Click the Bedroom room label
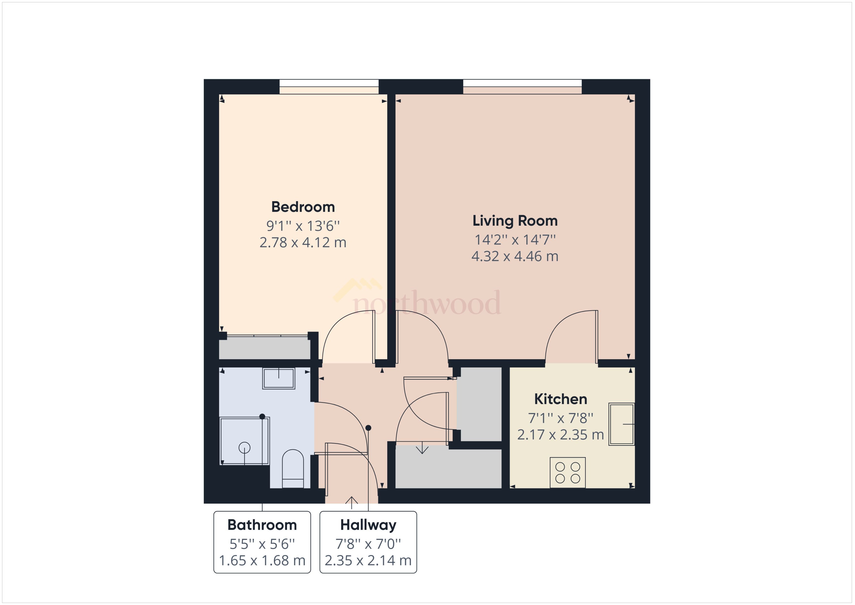coord(303,207)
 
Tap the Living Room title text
coord(515,221)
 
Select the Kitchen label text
coord(560,399)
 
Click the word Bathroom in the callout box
coord(262,525)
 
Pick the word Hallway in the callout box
coord(368,525)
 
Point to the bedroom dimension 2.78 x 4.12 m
coord(303,243)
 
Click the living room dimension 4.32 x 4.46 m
coord(515,256)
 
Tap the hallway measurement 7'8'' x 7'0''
coord(368,544)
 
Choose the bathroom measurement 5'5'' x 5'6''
coord(262,544)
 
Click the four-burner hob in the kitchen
coord(567,472)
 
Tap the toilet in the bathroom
coord(293,469)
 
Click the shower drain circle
coord(244,447)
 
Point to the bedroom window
coord(329,86)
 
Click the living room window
coord(522,86)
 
